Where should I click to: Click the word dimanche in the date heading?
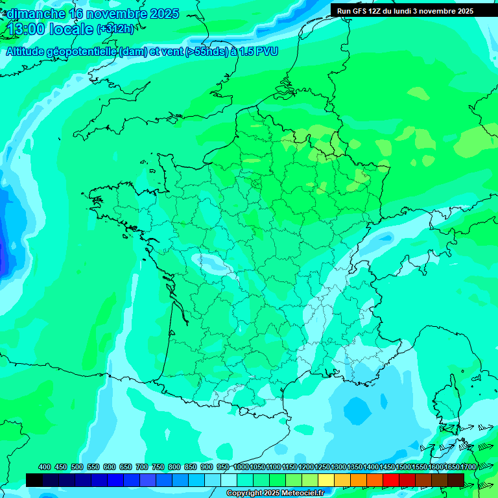(36, 14)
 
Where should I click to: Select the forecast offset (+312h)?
(116, 29)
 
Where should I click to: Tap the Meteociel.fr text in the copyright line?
(303, 493)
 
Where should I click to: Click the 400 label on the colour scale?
(44, 467)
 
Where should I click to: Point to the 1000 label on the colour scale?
(241, 467)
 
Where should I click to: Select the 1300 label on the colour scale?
(338, 467)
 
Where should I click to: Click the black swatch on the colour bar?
(34, 480)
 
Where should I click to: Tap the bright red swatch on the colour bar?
(391, 480)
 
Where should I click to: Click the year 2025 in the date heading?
(163, 14)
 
